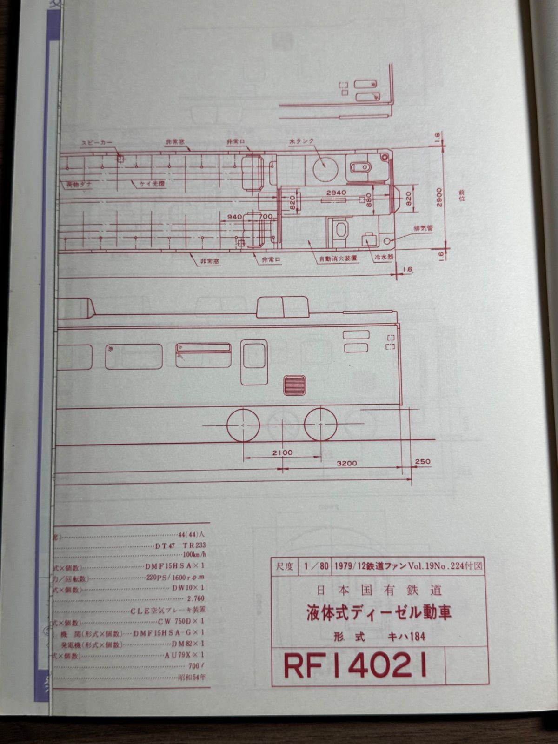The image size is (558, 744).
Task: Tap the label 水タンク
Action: click(x=301, y=141)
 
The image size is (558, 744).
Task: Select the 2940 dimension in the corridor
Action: click(x=336, y=192)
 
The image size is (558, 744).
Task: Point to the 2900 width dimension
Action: click(x=439, y=198)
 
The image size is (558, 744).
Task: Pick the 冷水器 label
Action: click(x=381, y=257)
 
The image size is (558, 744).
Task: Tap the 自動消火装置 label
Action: click(x=338, y=258)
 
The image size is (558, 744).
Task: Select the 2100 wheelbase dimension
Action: click(x=283, y=452)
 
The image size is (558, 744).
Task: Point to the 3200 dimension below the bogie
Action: click(x=347, y=463)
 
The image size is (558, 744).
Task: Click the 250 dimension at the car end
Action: click(x=423, y=461)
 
